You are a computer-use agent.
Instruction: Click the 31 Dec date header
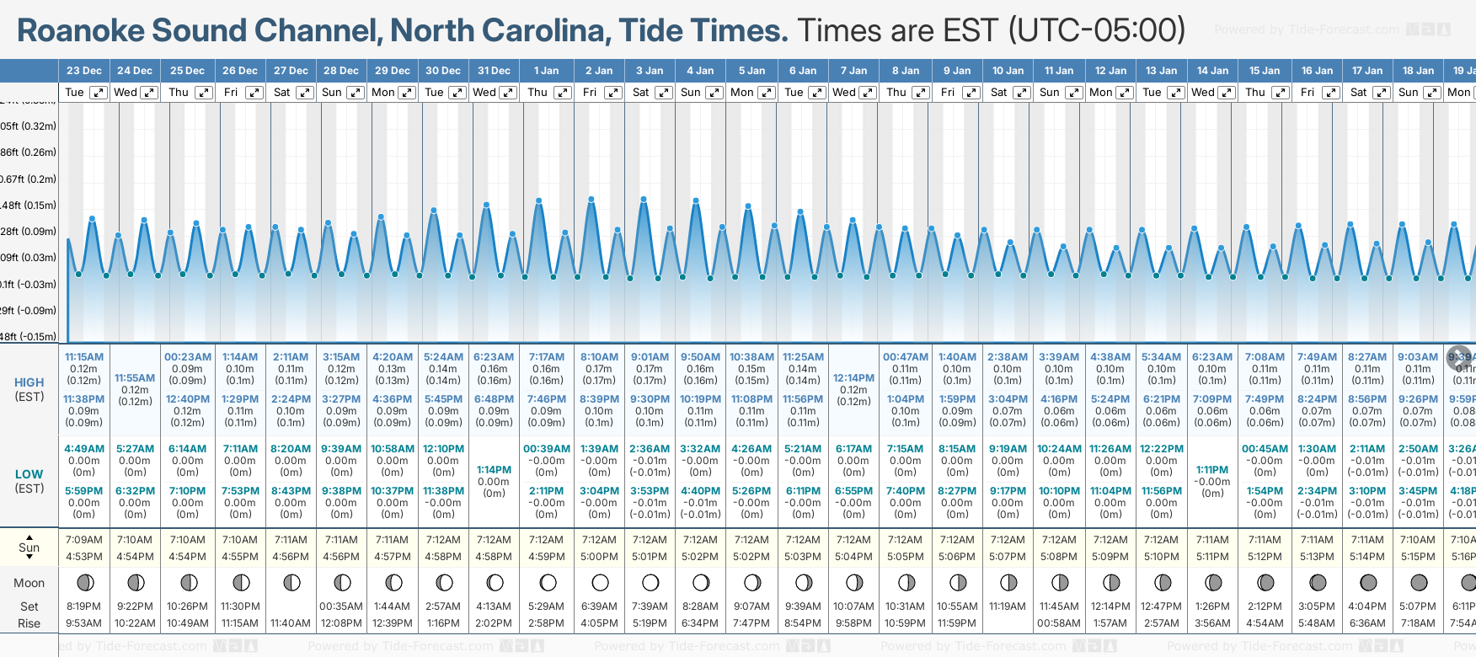click(494, 71)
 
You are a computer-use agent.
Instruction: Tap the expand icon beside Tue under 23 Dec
click(99, 93)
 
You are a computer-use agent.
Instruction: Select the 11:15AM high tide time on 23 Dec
click(84, 357)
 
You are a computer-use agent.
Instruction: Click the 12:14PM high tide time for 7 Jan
click(853, 378)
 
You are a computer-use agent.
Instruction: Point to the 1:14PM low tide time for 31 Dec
click(494, 470)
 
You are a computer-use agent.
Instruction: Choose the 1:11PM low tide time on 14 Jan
click(1212, 470)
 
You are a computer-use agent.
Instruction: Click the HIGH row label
click(29, 382)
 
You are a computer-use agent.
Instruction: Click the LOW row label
click(29, 474)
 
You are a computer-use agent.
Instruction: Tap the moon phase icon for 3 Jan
click(650, 582)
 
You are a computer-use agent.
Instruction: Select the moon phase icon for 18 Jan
click(1419, 582)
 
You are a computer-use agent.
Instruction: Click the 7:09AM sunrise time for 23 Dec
click(84, 540)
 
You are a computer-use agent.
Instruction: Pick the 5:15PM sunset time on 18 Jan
click(1418, 557)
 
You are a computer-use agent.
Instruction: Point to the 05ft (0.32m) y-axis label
click(29, 126)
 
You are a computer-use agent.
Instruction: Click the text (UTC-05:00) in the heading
click(1097, 31)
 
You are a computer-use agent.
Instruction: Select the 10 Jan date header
click(1008, 71)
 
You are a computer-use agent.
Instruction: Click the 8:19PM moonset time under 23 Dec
click(84, 606)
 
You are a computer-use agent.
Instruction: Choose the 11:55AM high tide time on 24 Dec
click(135, 378)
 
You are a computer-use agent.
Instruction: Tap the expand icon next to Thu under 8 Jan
click(921, 93)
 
